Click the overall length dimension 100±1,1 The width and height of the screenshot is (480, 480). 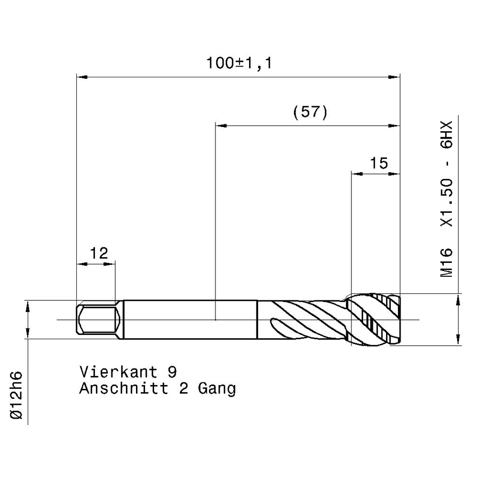pos(239,63)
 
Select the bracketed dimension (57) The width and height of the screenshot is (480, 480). pos(310,112)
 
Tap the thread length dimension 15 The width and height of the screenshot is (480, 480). pos(379,163)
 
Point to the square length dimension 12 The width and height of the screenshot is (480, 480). pos(99,253)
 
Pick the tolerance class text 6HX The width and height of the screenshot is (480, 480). pos(446,135)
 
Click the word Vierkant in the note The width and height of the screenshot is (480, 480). pos(118,372)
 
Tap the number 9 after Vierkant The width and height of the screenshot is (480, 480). pos(172,372)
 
